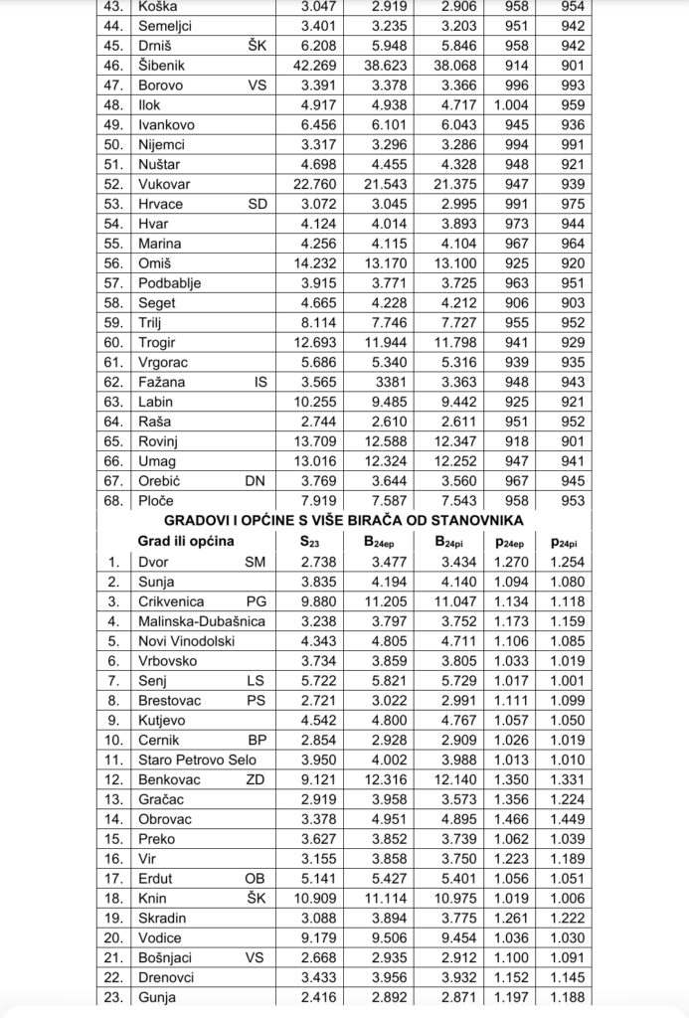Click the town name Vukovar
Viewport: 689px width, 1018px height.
point(164,184)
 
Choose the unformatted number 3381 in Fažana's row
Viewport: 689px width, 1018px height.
point(391,381)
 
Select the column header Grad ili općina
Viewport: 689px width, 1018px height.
point(186,542)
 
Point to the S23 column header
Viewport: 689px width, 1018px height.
point(310,542)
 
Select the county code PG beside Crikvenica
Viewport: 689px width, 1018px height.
point(258,601)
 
